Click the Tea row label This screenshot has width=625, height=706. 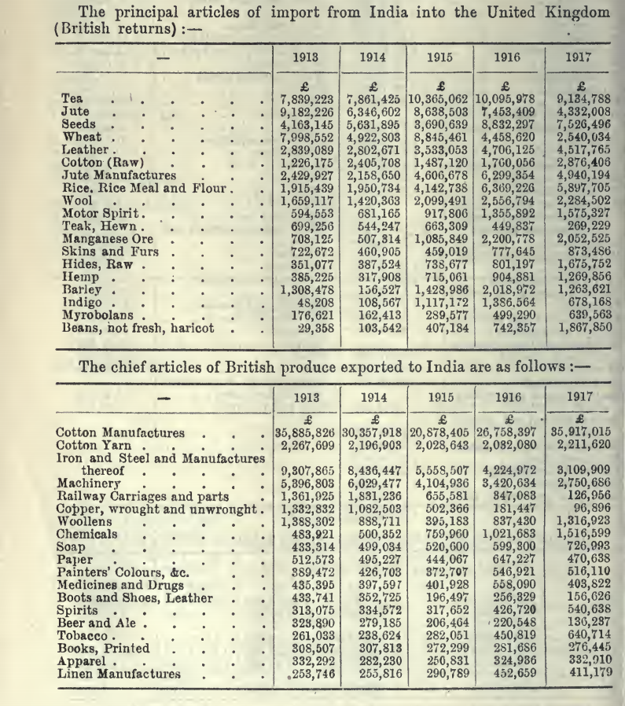coord(72,98)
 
